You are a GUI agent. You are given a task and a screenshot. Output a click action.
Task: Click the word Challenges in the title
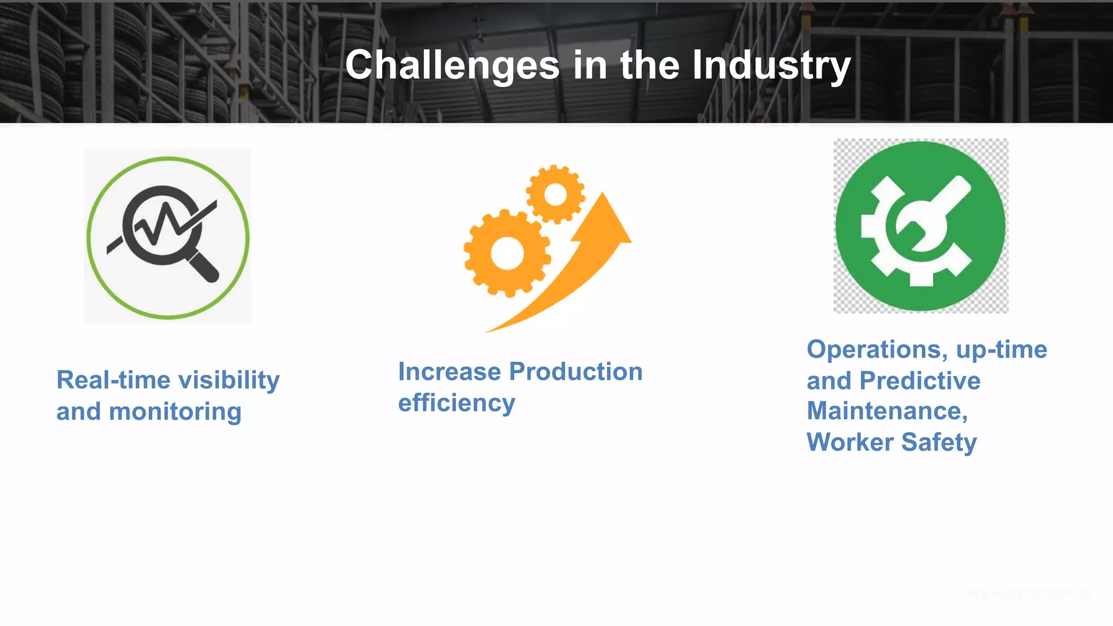[452, 65]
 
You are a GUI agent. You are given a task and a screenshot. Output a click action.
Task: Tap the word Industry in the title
[771, 65]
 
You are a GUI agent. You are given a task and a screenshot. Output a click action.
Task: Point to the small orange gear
[555, 194]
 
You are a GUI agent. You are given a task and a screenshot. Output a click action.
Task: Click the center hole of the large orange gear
[507, 253]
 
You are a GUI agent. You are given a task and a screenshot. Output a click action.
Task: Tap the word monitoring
[175, 412]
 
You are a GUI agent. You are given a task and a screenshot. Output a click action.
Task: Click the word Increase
[449, 372]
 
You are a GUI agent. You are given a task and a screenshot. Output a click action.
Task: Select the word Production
[576, 372]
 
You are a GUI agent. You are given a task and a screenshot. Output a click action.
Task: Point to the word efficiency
[457, 403]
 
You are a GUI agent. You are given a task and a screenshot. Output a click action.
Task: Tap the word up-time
[1001, 349]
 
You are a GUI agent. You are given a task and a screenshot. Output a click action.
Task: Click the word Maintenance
[886, 411]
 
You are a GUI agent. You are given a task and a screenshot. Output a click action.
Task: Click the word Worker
[850, 442]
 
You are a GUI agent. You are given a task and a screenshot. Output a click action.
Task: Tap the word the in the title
[650, 65]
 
